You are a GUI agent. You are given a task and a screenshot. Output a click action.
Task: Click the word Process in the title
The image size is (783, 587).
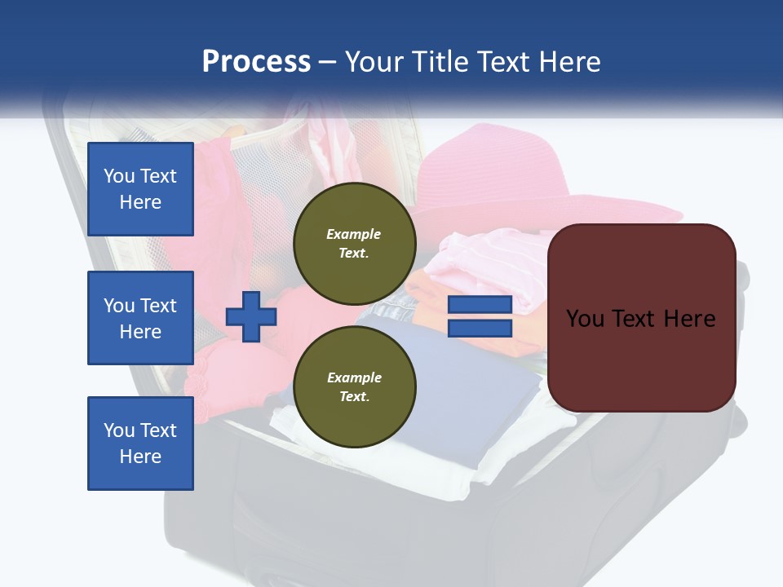click(x=256, y=62)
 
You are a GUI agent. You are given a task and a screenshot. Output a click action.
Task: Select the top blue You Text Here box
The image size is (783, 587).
click(x=140, y=189)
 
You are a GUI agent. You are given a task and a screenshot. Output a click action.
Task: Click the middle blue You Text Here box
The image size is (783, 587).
click(x=140, y=318)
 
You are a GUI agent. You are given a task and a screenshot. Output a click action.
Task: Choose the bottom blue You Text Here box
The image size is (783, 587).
click(x=140, y=444)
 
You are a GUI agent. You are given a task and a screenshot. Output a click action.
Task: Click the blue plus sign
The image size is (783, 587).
click(x=251, y=316)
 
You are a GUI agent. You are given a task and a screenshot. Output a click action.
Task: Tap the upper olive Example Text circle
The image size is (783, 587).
click(x=354, y=244)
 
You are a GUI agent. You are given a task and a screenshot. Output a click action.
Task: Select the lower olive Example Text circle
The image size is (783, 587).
click(x=354, y=387)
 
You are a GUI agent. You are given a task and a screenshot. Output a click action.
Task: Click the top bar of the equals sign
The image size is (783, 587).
click(x=480, y=305)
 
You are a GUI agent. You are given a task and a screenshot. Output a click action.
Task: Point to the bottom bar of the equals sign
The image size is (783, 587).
click(x=480, y=328)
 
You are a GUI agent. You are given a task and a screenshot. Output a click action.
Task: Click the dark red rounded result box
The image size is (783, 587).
click(x=641, y=359)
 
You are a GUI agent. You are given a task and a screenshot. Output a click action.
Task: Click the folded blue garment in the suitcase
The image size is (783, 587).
click(x=457, y=375)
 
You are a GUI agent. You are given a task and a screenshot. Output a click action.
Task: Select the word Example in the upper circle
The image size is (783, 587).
click(x=354, y=234)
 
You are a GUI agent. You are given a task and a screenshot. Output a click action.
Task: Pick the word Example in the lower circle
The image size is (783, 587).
click(x=354, y=377)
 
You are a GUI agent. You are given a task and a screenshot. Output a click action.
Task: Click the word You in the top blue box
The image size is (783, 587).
click(x=119, y=176)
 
